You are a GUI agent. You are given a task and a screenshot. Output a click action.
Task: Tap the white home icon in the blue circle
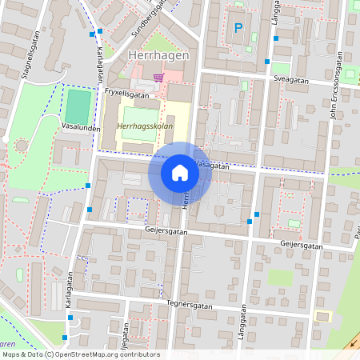[179, 173]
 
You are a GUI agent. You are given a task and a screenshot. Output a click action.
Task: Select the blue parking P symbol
[238, 28]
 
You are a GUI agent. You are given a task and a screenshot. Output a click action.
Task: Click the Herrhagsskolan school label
[144, 126]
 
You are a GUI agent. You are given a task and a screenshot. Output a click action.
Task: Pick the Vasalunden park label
[80, 127]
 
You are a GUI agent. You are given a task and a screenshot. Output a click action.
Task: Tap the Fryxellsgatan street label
[128, 93]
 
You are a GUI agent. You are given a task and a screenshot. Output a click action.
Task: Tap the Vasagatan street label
[210, 166]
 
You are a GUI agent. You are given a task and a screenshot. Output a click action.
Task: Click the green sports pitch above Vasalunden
[78, 106]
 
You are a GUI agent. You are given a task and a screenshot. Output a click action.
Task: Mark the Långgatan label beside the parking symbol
[274, 18]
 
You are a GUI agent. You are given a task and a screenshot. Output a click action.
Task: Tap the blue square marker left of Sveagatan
[267, 61]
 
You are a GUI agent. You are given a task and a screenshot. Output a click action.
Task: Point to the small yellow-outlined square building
[322, 316]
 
